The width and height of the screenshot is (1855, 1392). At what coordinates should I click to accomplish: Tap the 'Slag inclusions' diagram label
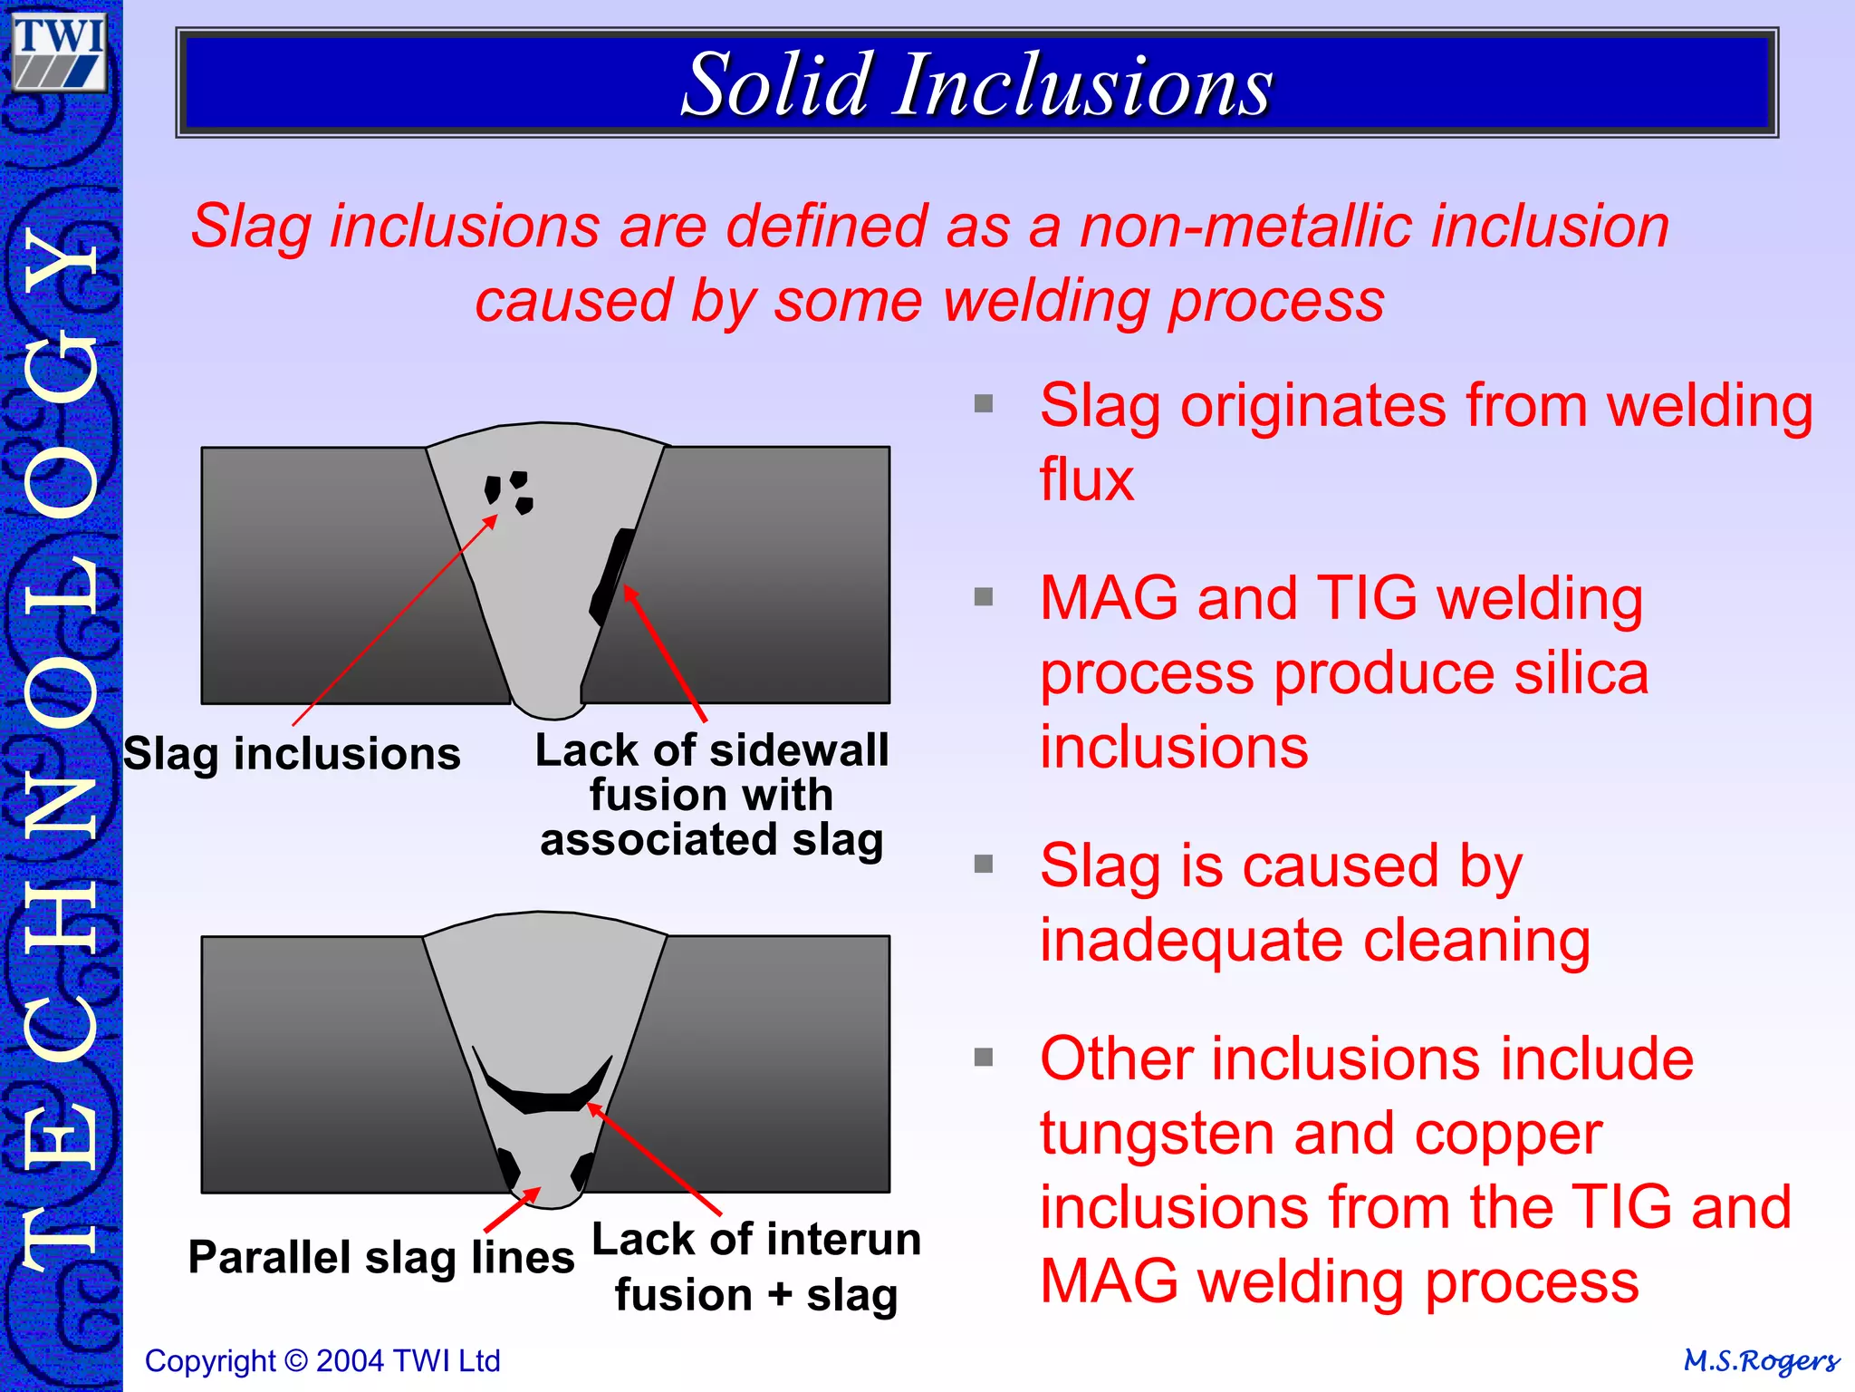pos(292,754)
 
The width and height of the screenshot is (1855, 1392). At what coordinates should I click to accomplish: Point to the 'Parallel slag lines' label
pos(381,1258)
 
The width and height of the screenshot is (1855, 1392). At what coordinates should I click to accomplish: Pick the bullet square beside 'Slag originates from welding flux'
pos(984,403)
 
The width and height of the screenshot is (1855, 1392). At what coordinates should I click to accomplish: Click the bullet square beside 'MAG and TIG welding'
pos(984,596)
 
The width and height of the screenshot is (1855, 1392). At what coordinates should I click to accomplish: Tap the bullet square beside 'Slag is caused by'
pos(984,864)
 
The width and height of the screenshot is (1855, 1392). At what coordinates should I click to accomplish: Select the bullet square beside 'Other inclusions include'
pos(984,1057)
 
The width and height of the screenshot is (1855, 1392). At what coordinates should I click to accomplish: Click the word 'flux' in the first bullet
pos(1086,479)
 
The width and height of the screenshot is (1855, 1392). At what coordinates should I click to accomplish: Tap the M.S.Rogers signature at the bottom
pos(1761,1361)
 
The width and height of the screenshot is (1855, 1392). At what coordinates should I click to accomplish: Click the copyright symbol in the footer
pos(295,1361)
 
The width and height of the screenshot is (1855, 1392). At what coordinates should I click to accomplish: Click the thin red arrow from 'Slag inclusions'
pos(395,621)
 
